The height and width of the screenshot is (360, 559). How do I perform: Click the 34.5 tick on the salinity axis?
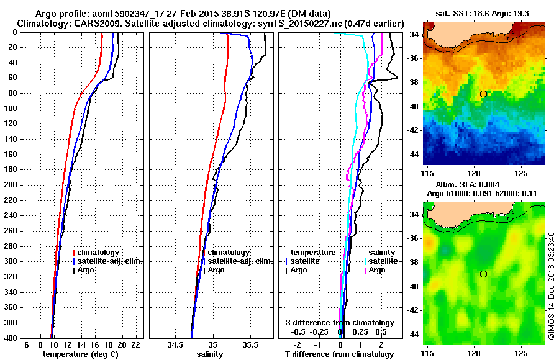(x=175, y=344)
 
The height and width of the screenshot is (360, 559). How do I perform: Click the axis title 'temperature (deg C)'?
(x=80, y=354)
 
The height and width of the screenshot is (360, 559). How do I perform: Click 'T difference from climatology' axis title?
(x=339, y=354)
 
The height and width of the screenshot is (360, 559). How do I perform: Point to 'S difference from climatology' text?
(x=339, y=323)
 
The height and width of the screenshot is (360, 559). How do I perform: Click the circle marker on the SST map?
(x=483, y=94)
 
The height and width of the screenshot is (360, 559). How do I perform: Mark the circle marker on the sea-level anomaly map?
(x=483, y=274)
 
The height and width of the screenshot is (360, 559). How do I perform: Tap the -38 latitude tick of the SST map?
(x=414, y=82)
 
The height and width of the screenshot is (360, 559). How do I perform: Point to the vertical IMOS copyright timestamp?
(x=552, y=286)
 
